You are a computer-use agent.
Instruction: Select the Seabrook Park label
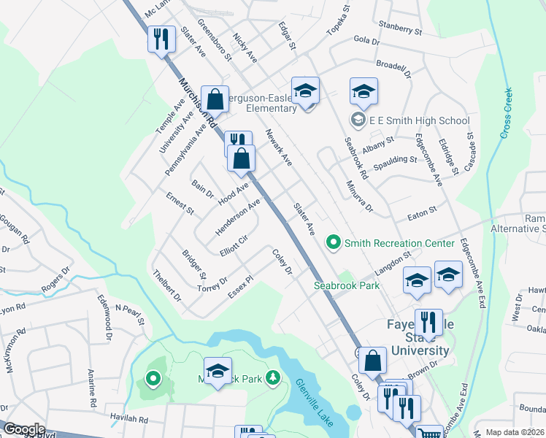(347, 285)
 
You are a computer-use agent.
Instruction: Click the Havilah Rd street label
(128, 420)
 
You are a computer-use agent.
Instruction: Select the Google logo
(24, 429)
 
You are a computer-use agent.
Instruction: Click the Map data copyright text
(515, 432)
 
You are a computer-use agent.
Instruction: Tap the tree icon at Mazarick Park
(273, 377)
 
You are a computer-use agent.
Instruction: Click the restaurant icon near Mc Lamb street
(161, 39)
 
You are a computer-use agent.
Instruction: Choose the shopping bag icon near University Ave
(215, 97)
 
